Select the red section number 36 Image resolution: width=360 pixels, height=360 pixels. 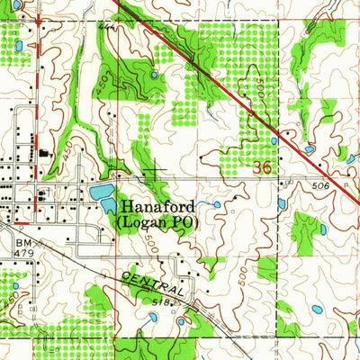pos(262,167)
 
